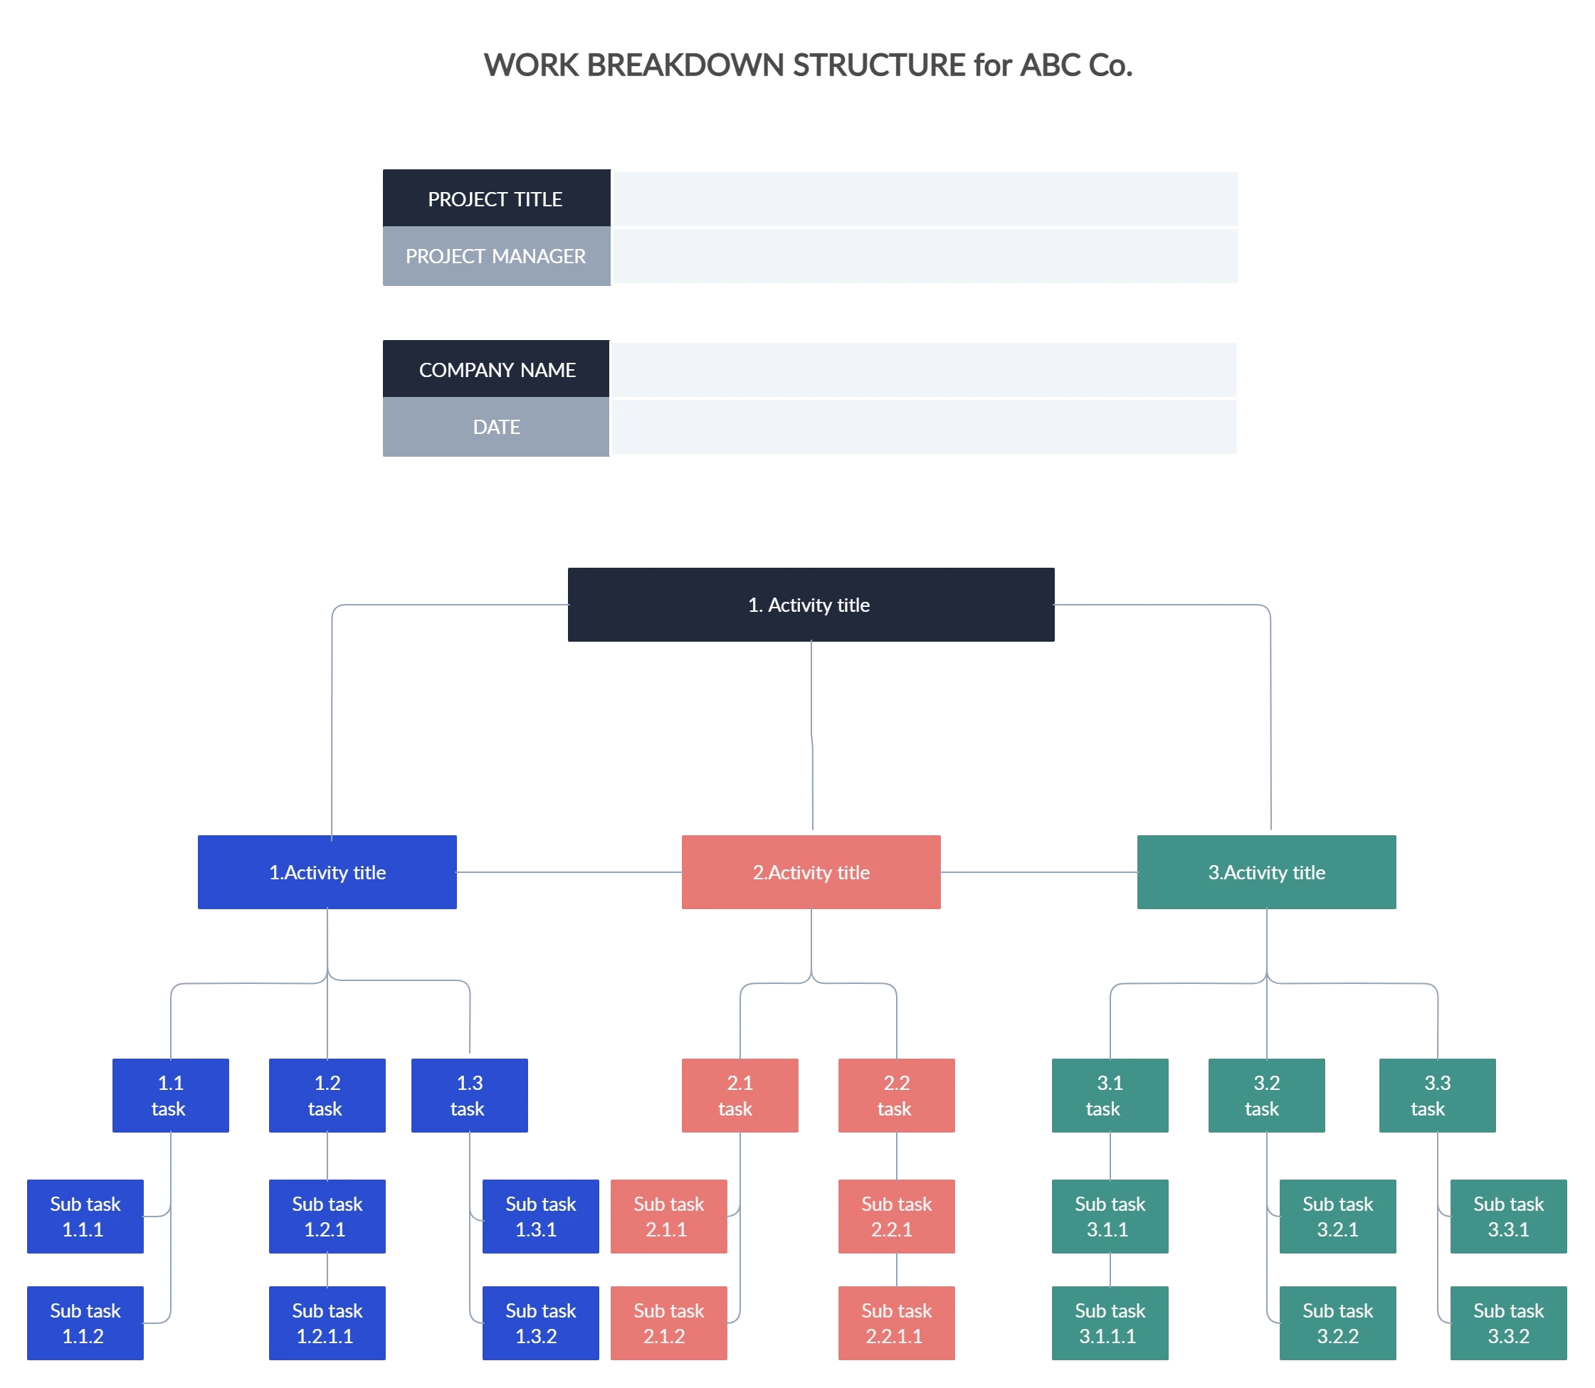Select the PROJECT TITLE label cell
coord(495,199)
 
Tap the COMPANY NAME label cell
coord(496,369)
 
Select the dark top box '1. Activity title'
coord(810,604)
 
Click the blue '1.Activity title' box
coord(327,872)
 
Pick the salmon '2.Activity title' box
coord(811,872)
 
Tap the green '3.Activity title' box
coord(1266,872)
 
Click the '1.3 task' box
coord(469,1095)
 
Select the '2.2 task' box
coord(896,1095)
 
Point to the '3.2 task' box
coord(1265,1095)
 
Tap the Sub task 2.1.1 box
coord(668,1216)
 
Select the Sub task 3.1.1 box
coord(1109,1216)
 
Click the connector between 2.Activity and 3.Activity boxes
coord(1038,874)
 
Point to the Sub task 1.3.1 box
coord(540,1216)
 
